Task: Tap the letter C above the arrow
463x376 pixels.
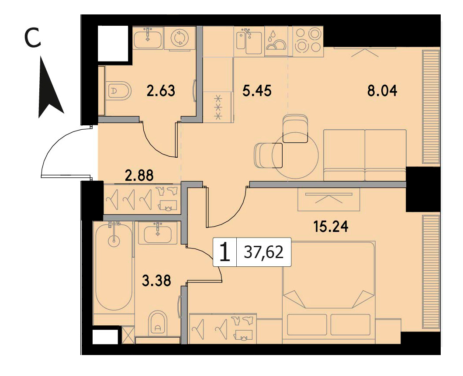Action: coord(32,39)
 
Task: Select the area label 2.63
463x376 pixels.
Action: coord(161,90)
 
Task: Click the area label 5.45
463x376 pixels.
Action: coord(256,90)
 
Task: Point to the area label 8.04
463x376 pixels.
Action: coord(382,90)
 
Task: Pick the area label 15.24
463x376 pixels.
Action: coord(331,227)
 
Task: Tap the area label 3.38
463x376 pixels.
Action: coord(156,280)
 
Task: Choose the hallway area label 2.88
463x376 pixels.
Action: coord(139,175)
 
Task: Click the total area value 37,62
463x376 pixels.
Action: coord(264,252)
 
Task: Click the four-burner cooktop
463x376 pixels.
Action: coord(308,41)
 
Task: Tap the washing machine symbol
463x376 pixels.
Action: coord(180,38)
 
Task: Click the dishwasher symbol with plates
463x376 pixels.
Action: coord(276,41)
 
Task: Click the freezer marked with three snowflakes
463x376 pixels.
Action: coord(218,107)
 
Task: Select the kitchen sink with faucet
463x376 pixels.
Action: coord(249,41)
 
